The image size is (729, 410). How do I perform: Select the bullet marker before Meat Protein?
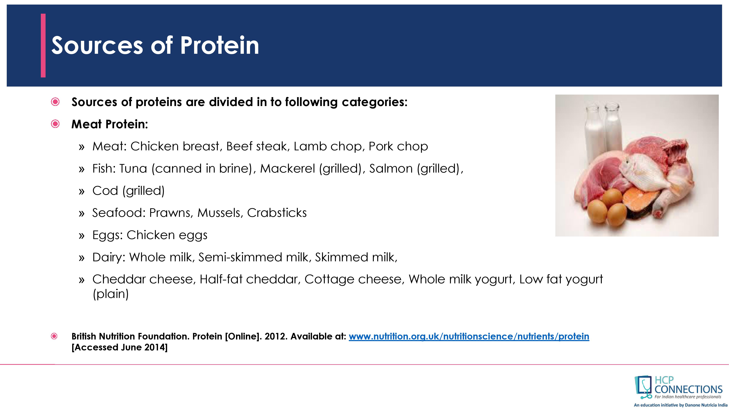coord(55,124)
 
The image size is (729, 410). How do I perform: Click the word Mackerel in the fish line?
coord(287,168)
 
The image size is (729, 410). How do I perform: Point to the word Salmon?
coord(391,168)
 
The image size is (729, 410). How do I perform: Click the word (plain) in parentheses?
coord(111,294)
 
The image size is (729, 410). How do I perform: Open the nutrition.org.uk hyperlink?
coord(469,336)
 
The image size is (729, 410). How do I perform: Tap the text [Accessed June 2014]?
coord(119,347)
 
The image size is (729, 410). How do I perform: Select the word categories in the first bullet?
coord(374,102)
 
